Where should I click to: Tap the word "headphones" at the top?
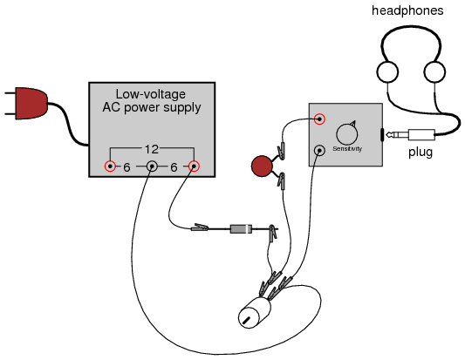point(407,10)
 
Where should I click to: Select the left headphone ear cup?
point(387,72)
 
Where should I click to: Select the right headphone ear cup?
point(434,72)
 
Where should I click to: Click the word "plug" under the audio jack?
point(421,153)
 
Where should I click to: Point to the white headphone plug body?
point(421,135)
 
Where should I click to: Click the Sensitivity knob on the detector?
point(347,134)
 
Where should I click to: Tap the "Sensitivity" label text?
point(347,148)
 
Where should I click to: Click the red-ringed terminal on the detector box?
point(319,119)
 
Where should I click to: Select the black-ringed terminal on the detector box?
point(319,151)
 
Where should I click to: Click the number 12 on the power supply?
point(152,149)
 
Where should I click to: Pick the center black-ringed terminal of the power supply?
point(152,166)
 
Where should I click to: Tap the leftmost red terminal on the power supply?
point(110,166)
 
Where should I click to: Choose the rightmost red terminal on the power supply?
point(194,166)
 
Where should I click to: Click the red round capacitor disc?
point(262,166)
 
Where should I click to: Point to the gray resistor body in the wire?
point(241,228)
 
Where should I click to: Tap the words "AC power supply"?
point(152,107)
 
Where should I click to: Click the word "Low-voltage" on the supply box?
point(151,94)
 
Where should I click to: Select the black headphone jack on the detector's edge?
point(382,135)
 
